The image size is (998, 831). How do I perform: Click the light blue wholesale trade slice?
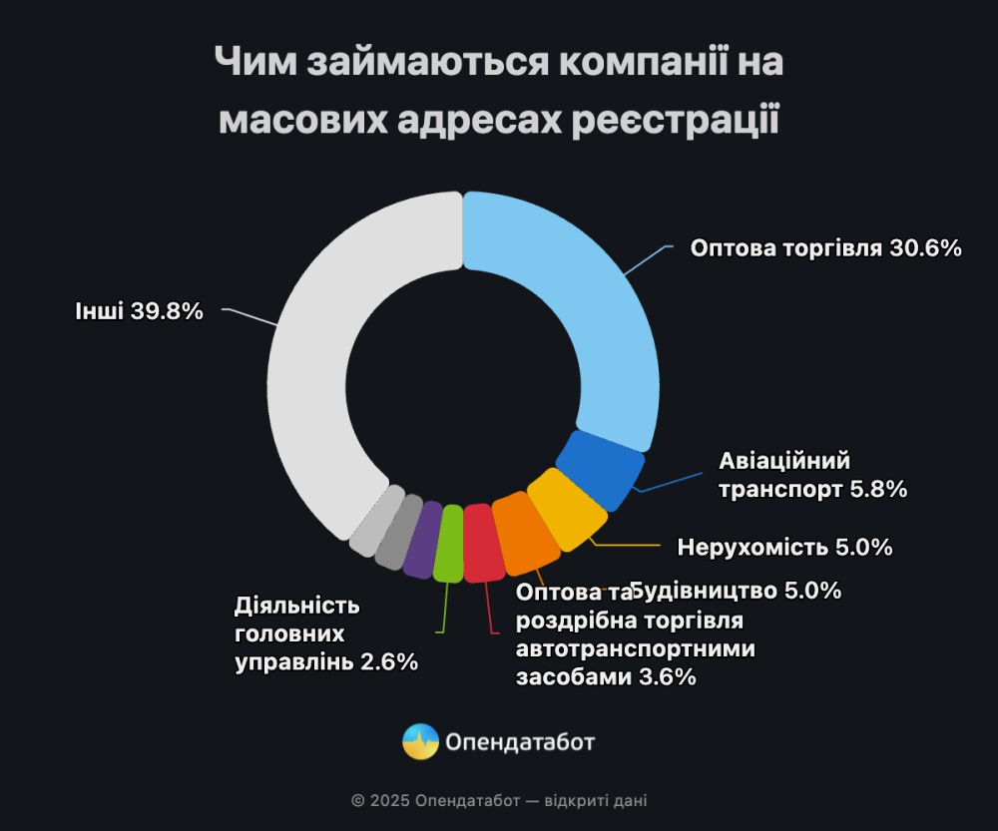coord(589,309)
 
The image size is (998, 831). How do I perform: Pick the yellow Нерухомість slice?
coord(566,510)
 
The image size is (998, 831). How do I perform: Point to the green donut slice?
coord(449,543)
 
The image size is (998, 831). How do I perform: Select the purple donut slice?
coord(422,539)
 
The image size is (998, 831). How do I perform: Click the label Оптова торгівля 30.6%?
coord(825,248)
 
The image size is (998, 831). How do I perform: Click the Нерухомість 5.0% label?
coord(783,547)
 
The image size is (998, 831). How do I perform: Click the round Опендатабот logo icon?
coord(420,742)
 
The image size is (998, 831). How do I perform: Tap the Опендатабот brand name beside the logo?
coord(520,742)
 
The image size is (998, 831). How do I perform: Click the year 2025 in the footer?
coord(389,800)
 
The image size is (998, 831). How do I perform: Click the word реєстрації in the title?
coord(670,121)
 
